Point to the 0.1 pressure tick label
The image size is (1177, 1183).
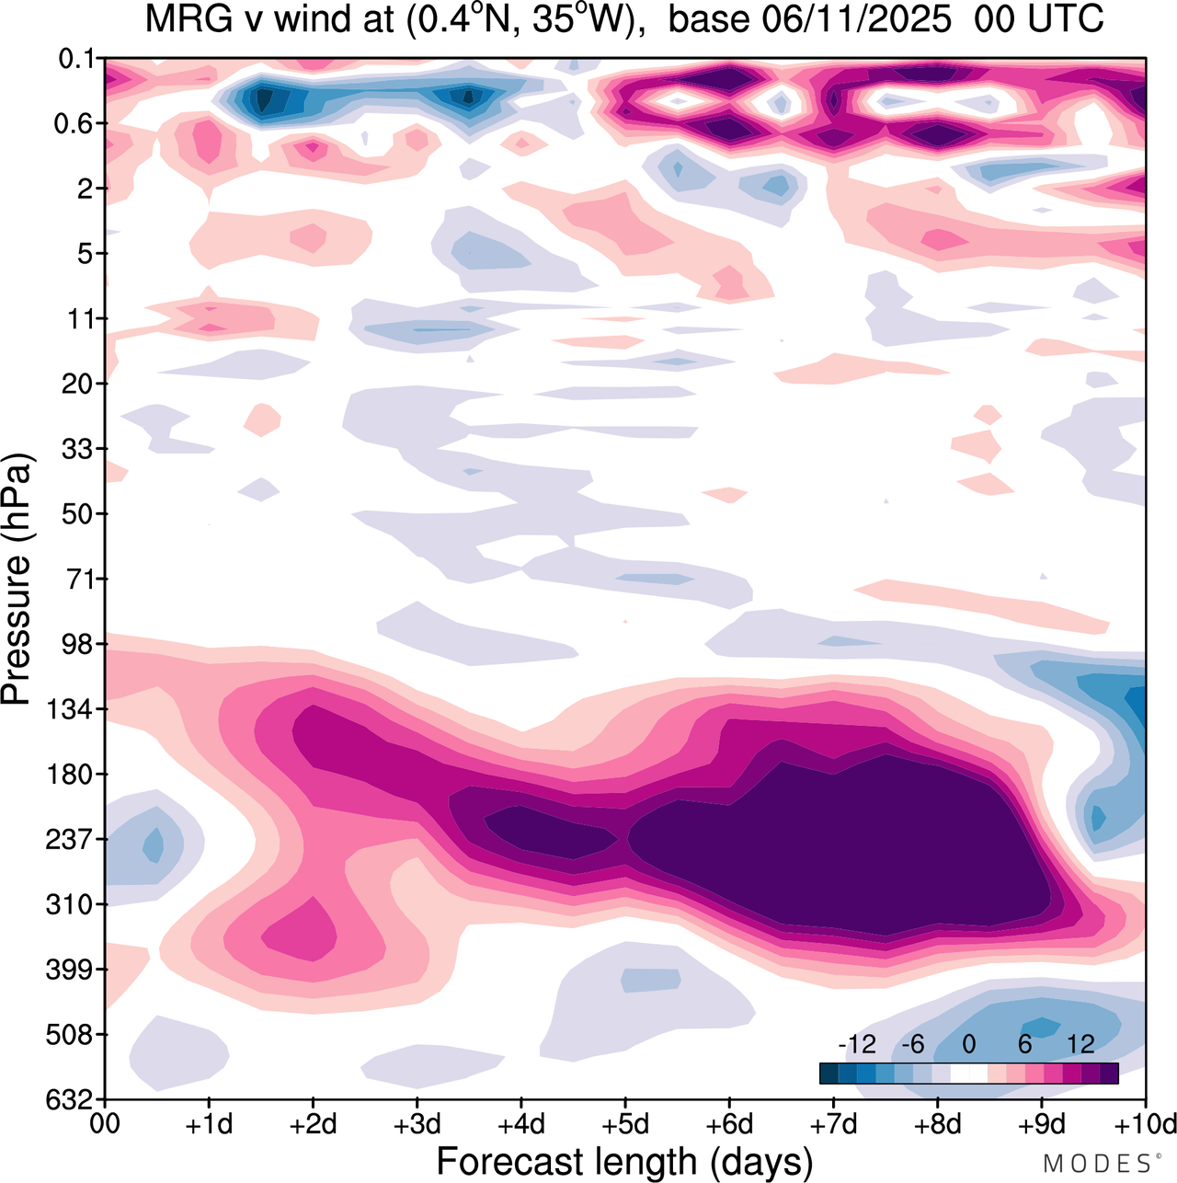tap(77, 60)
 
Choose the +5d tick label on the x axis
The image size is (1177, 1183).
tap(624, 1124)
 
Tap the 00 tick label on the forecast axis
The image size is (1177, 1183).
tap(107, 1124)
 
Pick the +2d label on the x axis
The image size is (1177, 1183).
tap(313, 1124)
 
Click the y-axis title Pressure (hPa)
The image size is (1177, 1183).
tap(18, 580)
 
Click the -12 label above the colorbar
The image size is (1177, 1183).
tap(857, 1044)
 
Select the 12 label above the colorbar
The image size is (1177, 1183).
tap(1080, 1044)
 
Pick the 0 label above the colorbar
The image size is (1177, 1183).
tap(968, 1044)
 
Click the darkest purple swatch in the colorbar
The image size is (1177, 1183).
tap(1109, 1073)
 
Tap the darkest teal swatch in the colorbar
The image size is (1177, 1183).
tap(828, 1073)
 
